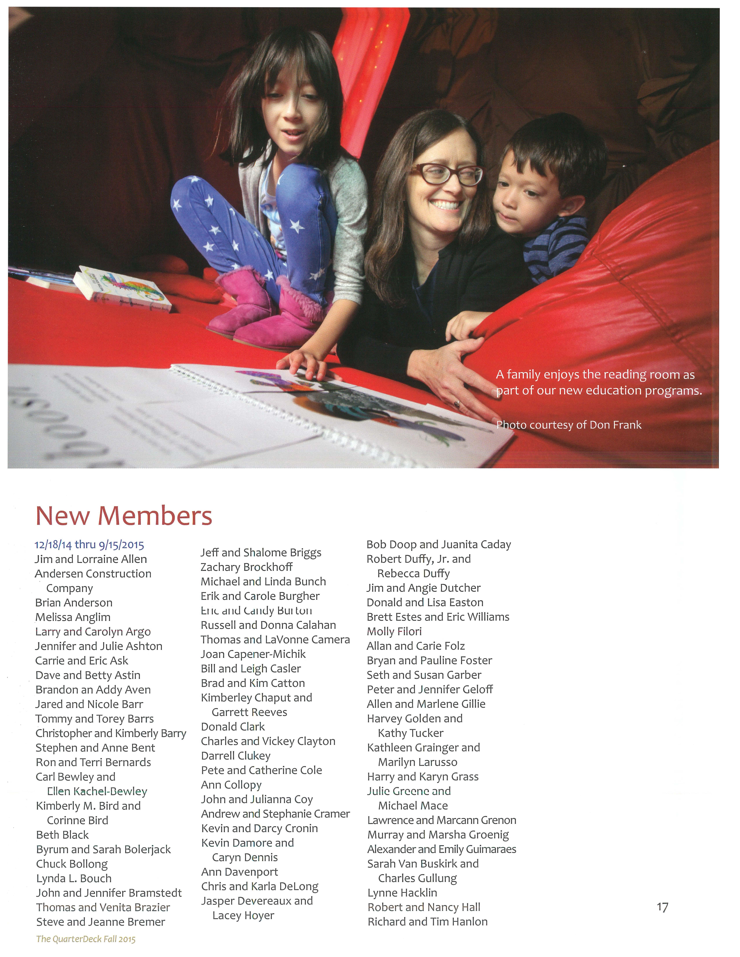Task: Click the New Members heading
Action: [124, 516]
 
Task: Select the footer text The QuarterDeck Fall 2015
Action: [86, 939]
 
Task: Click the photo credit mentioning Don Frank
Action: [569, 425]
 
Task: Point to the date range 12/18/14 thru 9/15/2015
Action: [89, 545]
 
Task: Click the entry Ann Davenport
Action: [240, 872]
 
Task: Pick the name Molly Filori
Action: [394, 631]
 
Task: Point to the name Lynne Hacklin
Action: [402, 893]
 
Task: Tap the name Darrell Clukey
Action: [236, 756]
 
